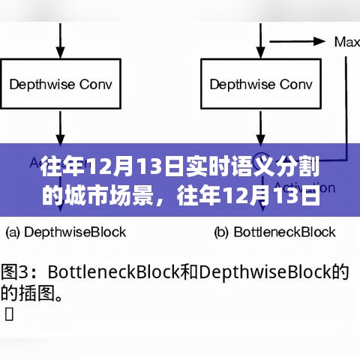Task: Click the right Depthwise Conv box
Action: coord(260,84)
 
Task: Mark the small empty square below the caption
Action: coord(9,313)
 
